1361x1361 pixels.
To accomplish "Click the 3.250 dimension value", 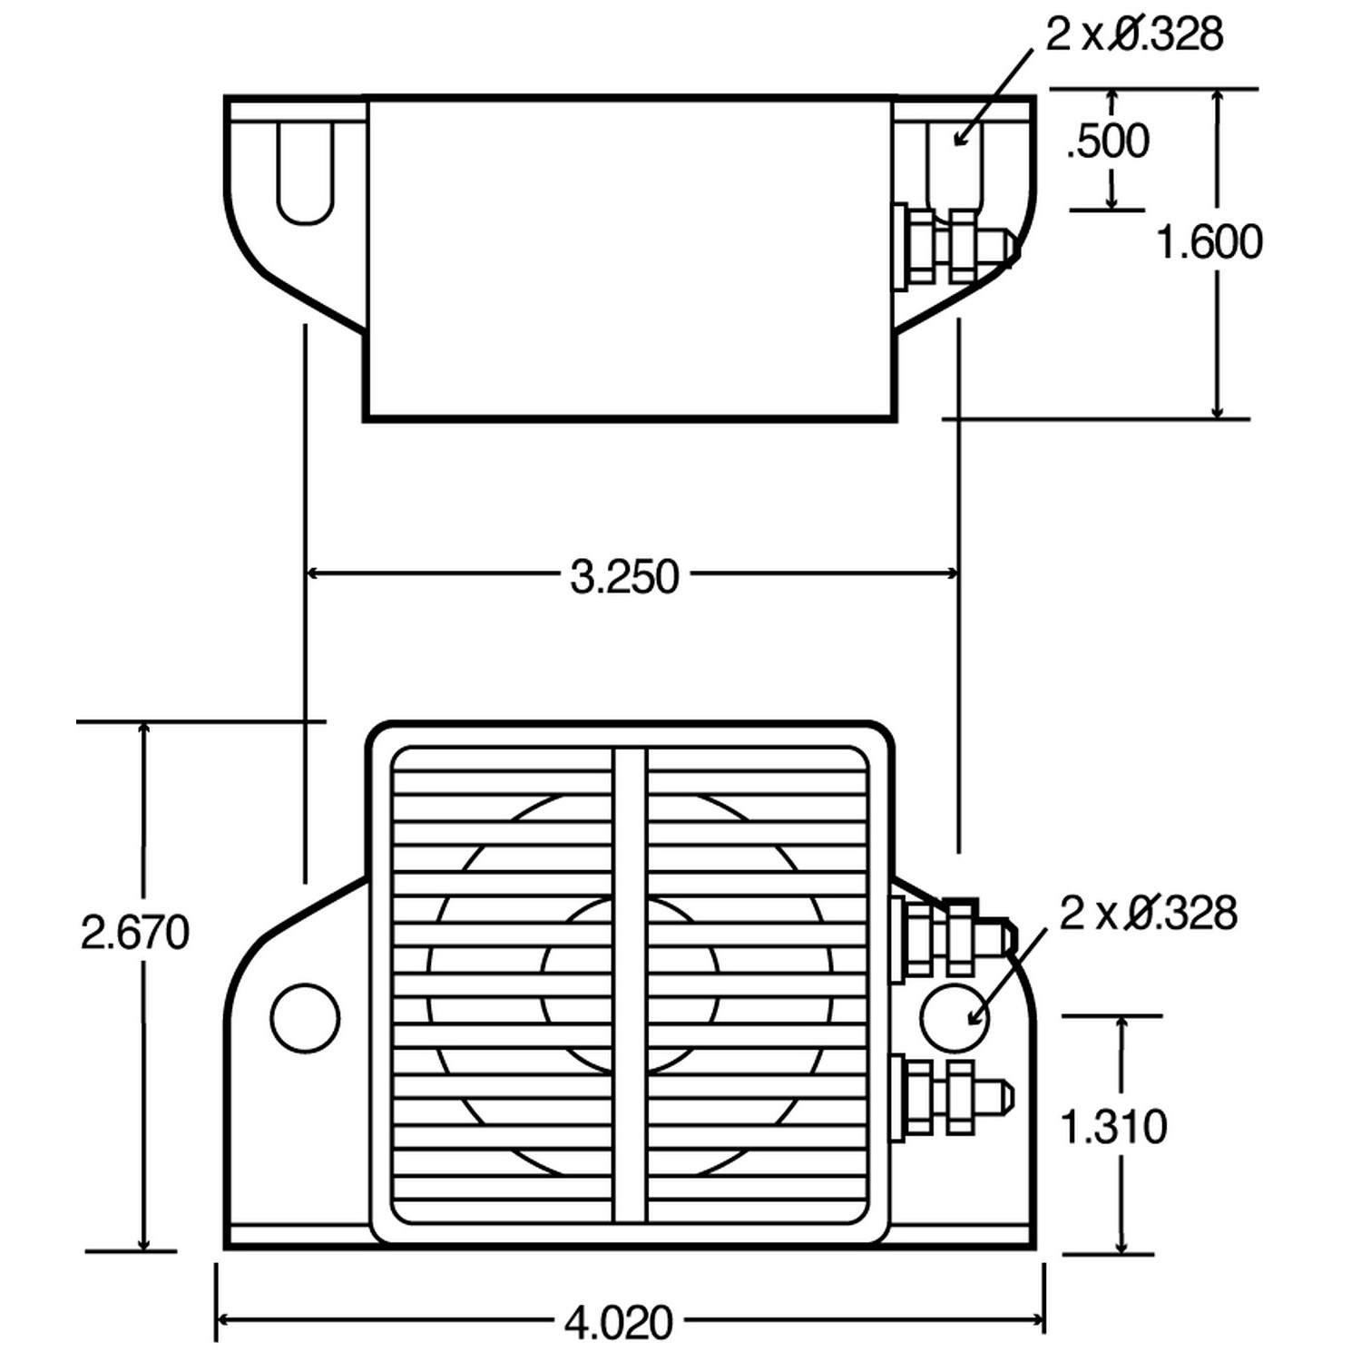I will [624, 577].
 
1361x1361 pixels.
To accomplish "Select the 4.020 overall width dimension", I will [619, 1323].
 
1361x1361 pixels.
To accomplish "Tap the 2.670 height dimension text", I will [135, 933].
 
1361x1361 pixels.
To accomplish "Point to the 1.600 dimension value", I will [1209, 242].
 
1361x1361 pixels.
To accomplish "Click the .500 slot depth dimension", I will [1108, 142].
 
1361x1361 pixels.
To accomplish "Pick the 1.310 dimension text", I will [1113, 1127].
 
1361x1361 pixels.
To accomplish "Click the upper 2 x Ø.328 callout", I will [1134, 34].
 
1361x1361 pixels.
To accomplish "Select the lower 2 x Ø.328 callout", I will [1148, 913].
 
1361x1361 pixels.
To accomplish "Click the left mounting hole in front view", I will [305, 1018].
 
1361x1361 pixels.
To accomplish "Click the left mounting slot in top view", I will [306, 172].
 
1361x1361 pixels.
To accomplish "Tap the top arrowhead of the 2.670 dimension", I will [143, 730].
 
